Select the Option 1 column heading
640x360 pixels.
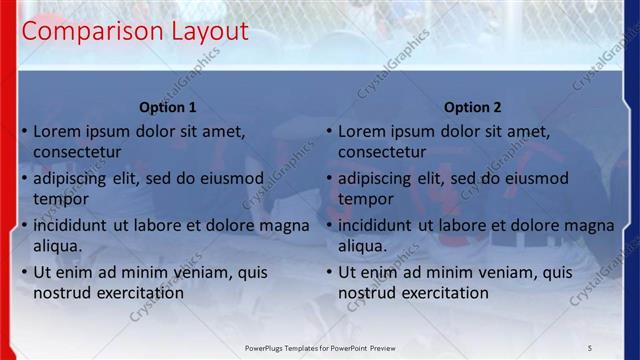[168, 108]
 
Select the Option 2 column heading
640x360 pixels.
[473, 108]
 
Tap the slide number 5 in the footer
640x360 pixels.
[590, 347]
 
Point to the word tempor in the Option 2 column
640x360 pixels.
[365, 199]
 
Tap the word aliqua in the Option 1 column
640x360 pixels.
[58, 246]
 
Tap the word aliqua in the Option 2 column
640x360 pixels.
[363, 246]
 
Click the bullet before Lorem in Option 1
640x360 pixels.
[25, 131]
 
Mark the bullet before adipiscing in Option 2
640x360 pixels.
[330, 178]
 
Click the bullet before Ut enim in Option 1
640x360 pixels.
[25, 272]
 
